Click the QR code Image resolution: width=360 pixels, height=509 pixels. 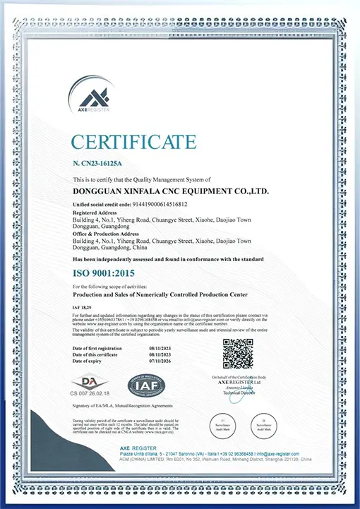pos(238,353)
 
